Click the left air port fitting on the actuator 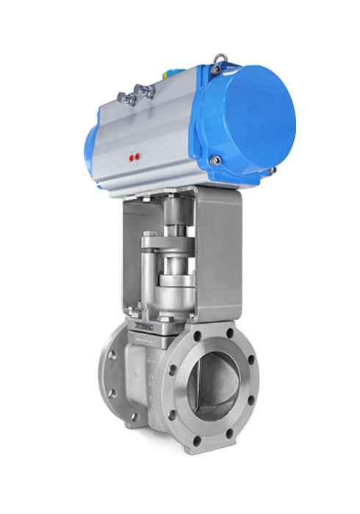pos(126,98)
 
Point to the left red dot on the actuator pos(131,156)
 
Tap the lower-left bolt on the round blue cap pos(214,160)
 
